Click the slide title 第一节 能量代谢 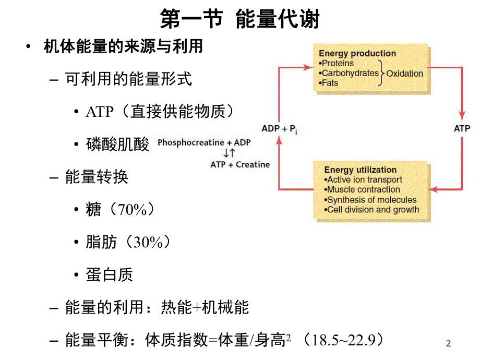[239, 19]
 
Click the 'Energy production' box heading [357, 53]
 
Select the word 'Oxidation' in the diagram [404, 74]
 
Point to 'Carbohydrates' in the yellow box [350, 73]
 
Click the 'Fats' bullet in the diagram [329, 83]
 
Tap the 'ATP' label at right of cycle [462, 128]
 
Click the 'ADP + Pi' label [279, 128]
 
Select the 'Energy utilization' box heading [360, 170]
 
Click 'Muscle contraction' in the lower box [363, 189]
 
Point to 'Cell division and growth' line [373, 210]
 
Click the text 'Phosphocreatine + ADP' [204, 142]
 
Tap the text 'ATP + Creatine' [240, 164]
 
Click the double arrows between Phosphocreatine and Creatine [229, 153]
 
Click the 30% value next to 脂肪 [152, 243]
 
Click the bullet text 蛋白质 [110, 275]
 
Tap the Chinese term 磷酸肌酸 [117, 145]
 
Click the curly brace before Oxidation [382, 73]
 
